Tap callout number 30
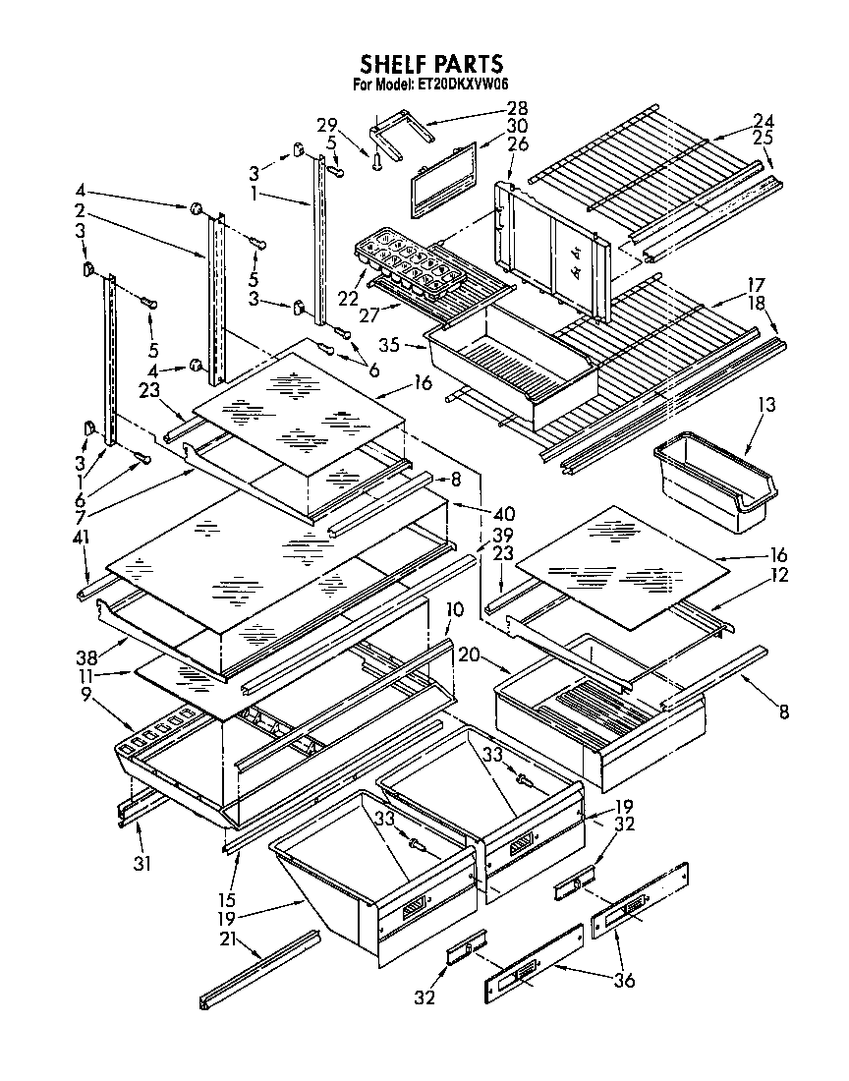coord(517,126)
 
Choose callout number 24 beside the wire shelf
coord(763,120)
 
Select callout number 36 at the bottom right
coord(624,979)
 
